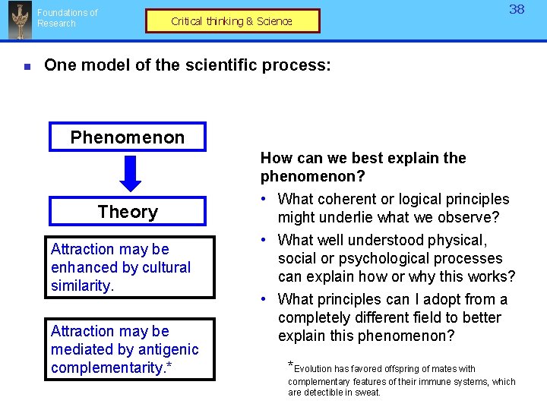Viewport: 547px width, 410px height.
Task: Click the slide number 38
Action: coord(517,10)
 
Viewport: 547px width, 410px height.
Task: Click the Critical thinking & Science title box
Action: coord(232,21)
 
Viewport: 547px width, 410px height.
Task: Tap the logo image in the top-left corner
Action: coord(19,20)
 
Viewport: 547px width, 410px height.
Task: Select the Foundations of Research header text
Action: coord(67,18)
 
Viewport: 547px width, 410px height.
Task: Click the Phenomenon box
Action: coord(128,137)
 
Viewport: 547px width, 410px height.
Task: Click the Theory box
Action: coord(128,212)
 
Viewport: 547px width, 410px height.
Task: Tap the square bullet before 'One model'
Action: coord(27,67)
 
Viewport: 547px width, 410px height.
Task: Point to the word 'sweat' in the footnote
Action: coord(366,393)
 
